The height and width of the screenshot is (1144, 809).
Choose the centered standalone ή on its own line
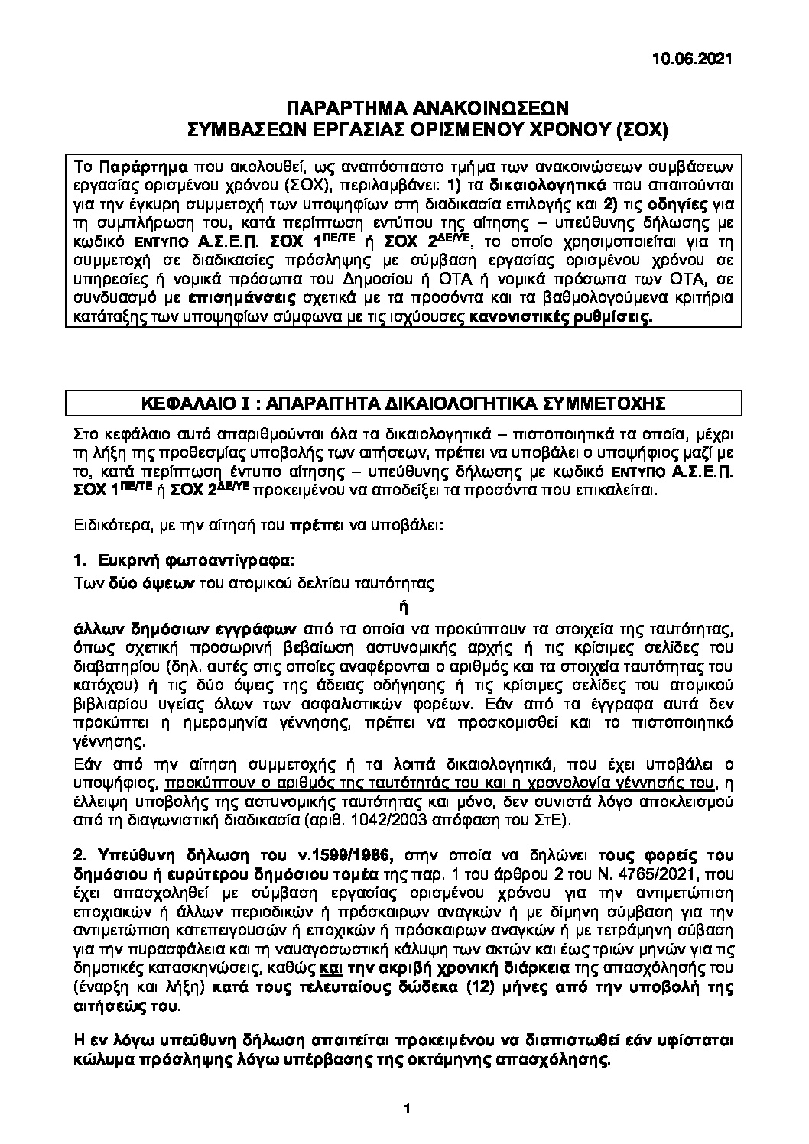397,608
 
